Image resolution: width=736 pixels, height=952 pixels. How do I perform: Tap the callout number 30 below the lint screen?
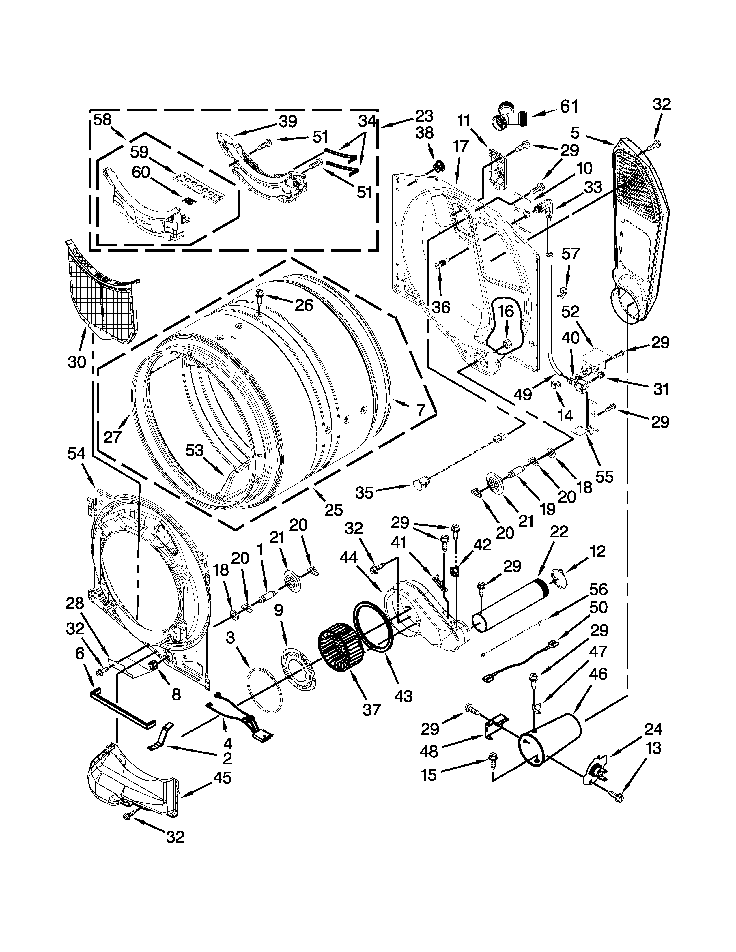pyautogui.click(x=77, y=361)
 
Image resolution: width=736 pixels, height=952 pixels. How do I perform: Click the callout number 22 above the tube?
pyautogui.click(x=559, y=532)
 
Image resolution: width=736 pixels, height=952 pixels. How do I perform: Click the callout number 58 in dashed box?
pyautogui.click(x=103, y=120)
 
